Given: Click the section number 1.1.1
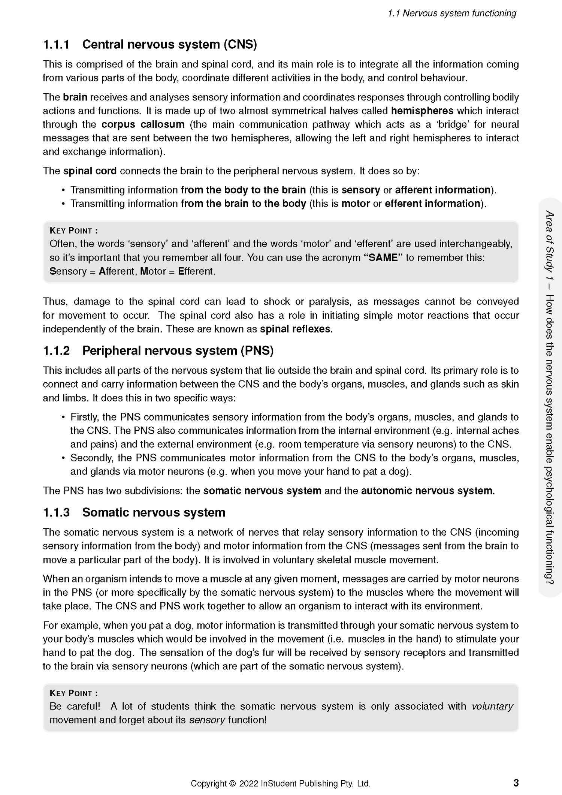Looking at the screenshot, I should coord(56,45).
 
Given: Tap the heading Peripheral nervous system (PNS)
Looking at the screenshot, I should coord(178,351).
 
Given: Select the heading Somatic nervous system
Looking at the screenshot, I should coord(154,512).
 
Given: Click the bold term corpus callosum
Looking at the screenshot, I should coord(143,124).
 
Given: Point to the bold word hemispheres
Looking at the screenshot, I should coord(422,111).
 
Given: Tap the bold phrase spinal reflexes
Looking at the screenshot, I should coord(296,329).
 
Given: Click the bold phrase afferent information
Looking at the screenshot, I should coord(443,190).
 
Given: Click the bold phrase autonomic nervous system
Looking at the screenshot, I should coord(428,491).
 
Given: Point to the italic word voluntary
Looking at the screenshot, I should coord(492,706).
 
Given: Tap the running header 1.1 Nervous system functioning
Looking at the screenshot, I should coord(452,13).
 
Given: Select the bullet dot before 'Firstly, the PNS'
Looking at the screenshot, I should coord(63,417).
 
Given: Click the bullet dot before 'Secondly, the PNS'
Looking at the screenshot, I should coord(63,458).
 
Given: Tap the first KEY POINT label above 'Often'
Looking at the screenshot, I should coord(74,231).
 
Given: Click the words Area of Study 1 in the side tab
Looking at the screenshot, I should coord(550,244).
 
